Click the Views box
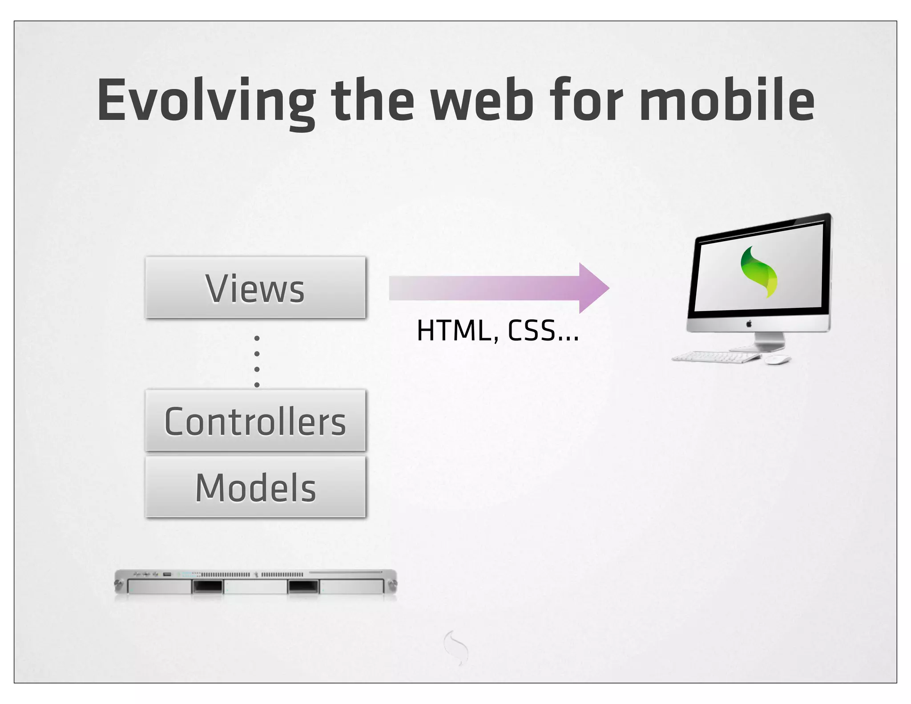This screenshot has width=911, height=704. [255, 287]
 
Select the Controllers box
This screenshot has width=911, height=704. [255, 421]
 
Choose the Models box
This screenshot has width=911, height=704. [255, 487]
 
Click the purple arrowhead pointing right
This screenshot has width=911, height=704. [593, 288]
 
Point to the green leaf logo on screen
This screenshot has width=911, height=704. [759, 271]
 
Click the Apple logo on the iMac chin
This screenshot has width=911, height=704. [749, 324]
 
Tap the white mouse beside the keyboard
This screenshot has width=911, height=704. [777, 360]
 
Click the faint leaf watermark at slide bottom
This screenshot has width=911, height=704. [456, 647]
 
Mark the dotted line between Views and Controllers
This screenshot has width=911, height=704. [257, 361]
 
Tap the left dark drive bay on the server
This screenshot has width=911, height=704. [207, 587]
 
